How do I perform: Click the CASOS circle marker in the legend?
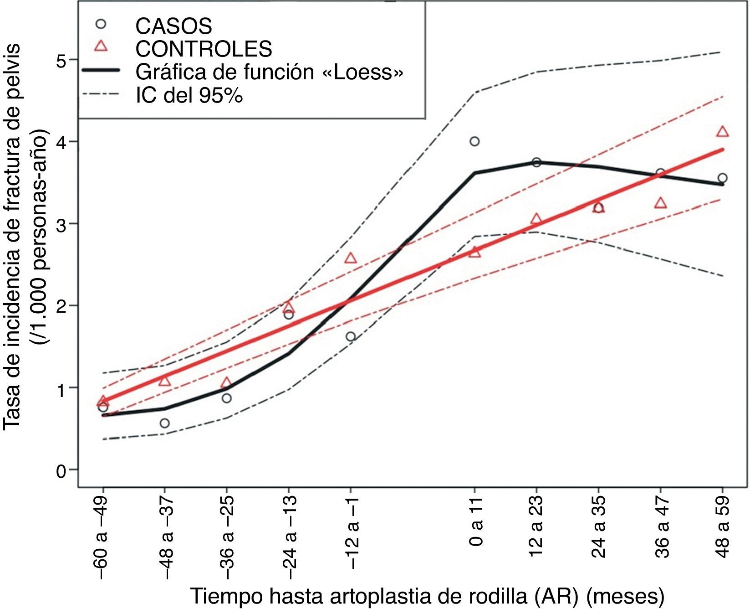coord(101,23)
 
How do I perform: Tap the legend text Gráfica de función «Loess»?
coord(269,72)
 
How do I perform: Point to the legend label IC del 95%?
coord(189,95)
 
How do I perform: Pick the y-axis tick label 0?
coord(61,470)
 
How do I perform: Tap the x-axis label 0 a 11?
coord(475,522)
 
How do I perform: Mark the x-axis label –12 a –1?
coord(351,533)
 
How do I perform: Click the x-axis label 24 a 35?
coord(599,528)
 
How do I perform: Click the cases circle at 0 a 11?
coord(474,141)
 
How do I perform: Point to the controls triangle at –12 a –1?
coord(351,258)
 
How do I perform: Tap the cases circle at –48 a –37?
coord(165,423)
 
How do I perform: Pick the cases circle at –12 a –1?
coord(351,336)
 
